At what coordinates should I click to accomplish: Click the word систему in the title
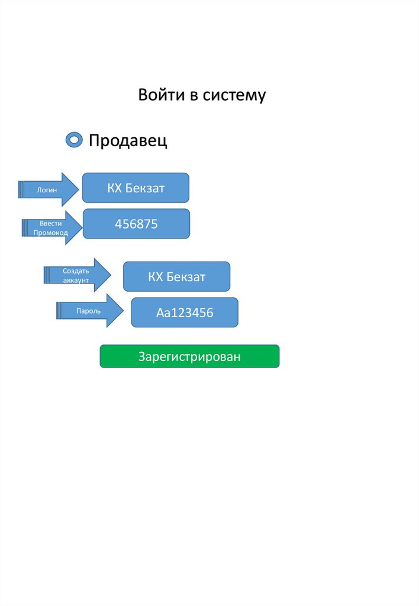point(235,95)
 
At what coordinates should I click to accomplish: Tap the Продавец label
point(128,141)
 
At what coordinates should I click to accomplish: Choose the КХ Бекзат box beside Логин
point(136,188)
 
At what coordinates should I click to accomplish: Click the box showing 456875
point(136,224)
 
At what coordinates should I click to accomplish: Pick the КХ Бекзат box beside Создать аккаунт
point(176,276)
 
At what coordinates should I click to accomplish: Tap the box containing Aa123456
point(185,312)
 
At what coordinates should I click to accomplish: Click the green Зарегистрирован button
point(189,356)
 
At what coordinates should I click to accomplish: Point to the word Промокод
point(51,233)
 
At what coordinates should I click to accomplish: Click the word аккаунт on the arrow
point(76,280)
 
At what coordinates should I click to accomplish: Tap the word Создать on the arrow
point(76,270)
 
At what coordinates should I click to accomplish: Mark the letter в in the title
point(193,95)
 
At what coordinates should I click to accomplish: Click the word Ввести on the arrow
point(51,223)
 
